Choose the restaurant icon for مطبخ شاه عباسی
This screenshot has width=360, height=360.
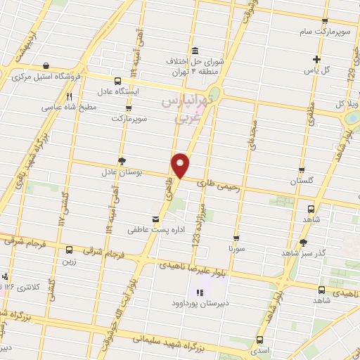(x=69, y=96)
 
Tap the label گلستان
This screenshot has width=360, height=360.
(x=302, y=181)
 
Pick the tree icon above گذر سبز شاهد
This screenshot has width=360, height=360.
(x=303, y=242)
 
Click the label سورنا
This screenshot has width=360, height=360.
(x=235, y=249)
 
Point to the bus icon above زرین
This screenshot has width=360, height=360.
(x=69, y=250)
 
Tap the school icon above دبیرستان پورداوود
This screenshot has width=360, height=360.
(x=199, y=291)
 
